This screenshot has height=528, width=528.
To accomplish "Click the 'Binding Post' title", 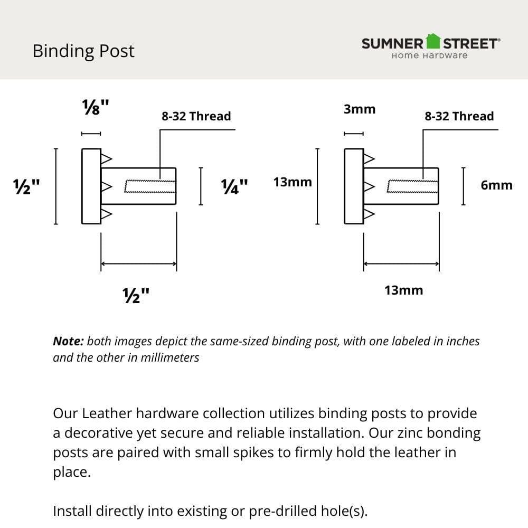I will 83,51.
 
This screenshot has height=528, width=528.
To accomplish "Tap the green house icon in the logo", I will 433,41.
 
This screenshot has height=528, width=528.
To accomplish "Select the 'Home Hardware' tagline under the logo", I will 429,55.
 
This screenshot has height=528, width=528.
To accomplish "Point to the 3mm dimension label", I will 360,109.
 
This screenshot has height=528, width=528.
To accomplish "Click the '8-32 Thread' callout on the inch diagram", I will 196,116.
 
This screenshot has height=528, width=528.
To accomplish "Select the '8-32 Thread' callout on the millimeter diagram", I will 459,116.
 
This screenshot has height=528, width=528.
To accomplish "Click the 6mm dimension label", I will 496,185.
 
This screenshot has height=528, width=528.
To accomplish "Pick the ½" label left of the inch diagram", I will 27,187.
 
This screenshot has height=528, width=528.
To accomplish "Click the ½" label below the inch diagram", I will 136,295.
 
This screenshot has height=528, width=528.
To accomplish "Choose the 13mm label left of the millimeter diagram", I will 293,182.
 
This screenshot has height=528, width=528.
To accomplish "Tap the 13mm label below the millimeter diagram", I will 403,290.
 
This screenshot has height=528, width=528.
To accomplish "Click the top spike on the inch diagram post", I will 106,158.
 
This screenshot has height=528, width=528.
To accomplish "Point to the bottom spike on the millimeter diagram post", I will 369,214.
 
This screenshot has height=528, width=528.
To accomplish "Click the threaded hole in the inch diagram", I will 149,186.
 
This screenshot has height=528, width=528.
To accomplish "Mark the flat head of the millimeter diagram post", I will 354,186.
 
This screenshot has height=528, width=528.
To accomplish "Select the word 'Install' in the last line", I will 72,511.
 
